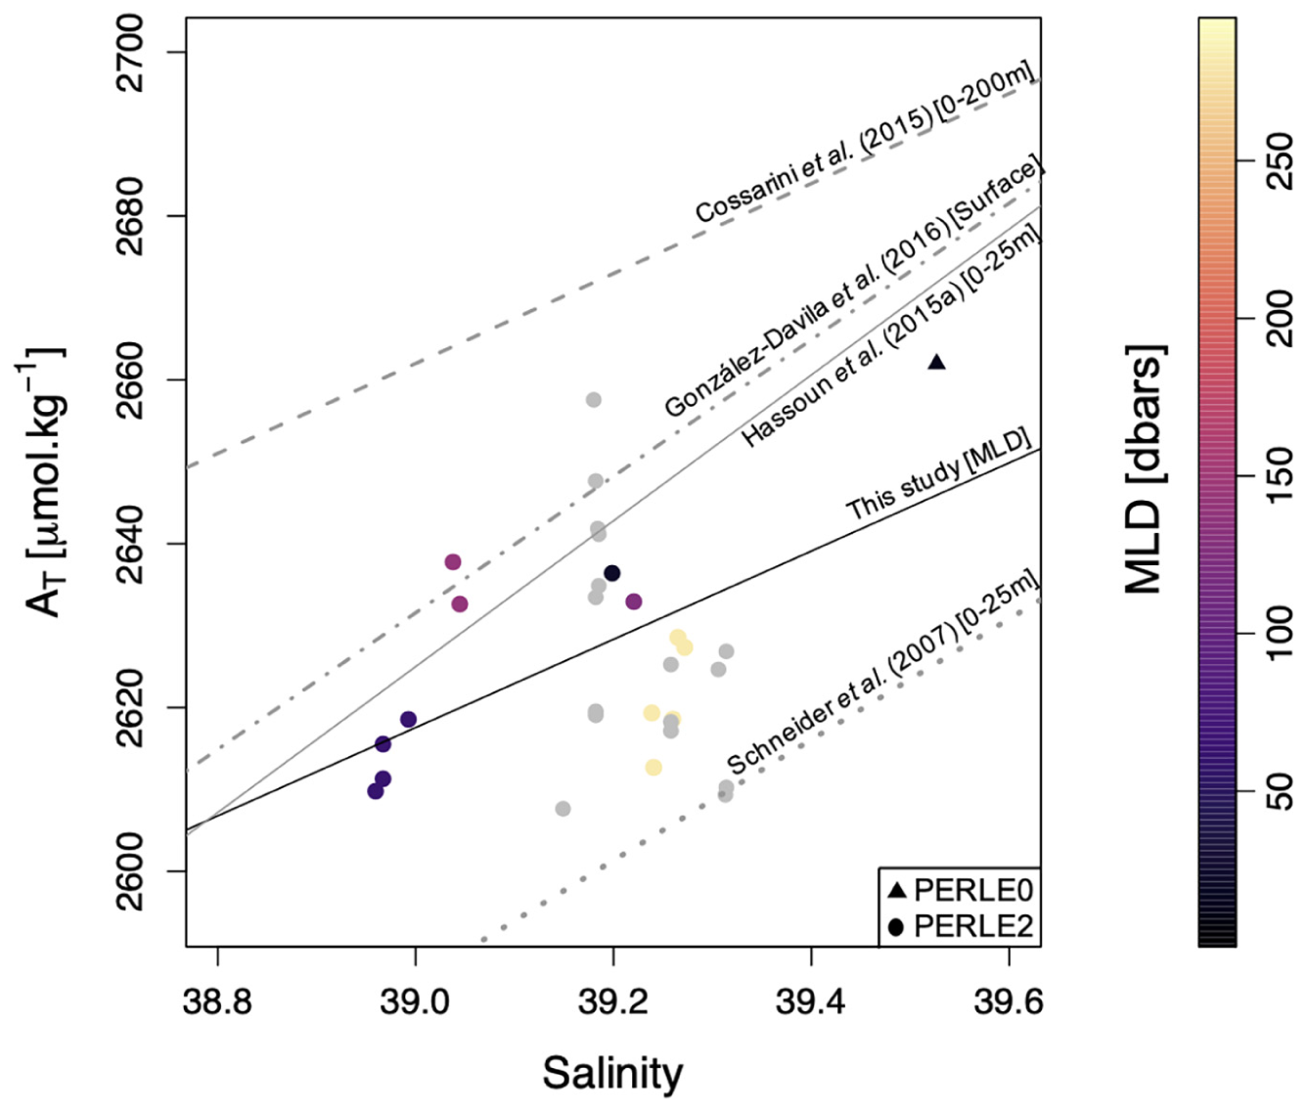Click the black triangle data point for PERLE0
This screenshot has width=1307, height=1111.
click(936, 363)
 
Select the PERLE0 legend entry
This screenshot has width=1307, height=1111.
click(960, 890)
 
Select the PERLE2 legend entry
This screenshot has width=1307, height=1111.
click(960, 925)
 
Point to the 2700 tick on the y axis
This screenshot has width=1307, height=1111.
click(131, 53)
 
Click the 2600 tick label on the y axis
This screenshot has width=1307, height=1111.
click(131, 870)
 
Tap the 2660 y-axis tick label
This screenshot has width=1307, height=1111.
click(131, 379)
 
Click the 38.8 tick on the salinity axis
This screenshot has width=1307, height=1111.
click(217, 1002)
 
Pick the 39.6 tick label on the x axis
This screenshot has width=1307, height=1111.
click(1009, 1002)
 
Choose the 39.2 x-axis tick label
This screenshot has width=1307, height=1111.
click(613, 1002)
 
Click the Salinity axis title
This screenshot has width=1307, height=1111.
click(612, 1073)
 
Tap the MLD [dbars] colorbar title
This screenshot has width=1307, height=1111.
click(1144, 469)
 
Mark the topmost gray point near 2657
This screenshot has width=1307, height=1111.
click(593, 400)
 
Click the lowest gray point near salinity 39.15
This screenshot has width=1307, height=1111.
click(563, 809)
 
